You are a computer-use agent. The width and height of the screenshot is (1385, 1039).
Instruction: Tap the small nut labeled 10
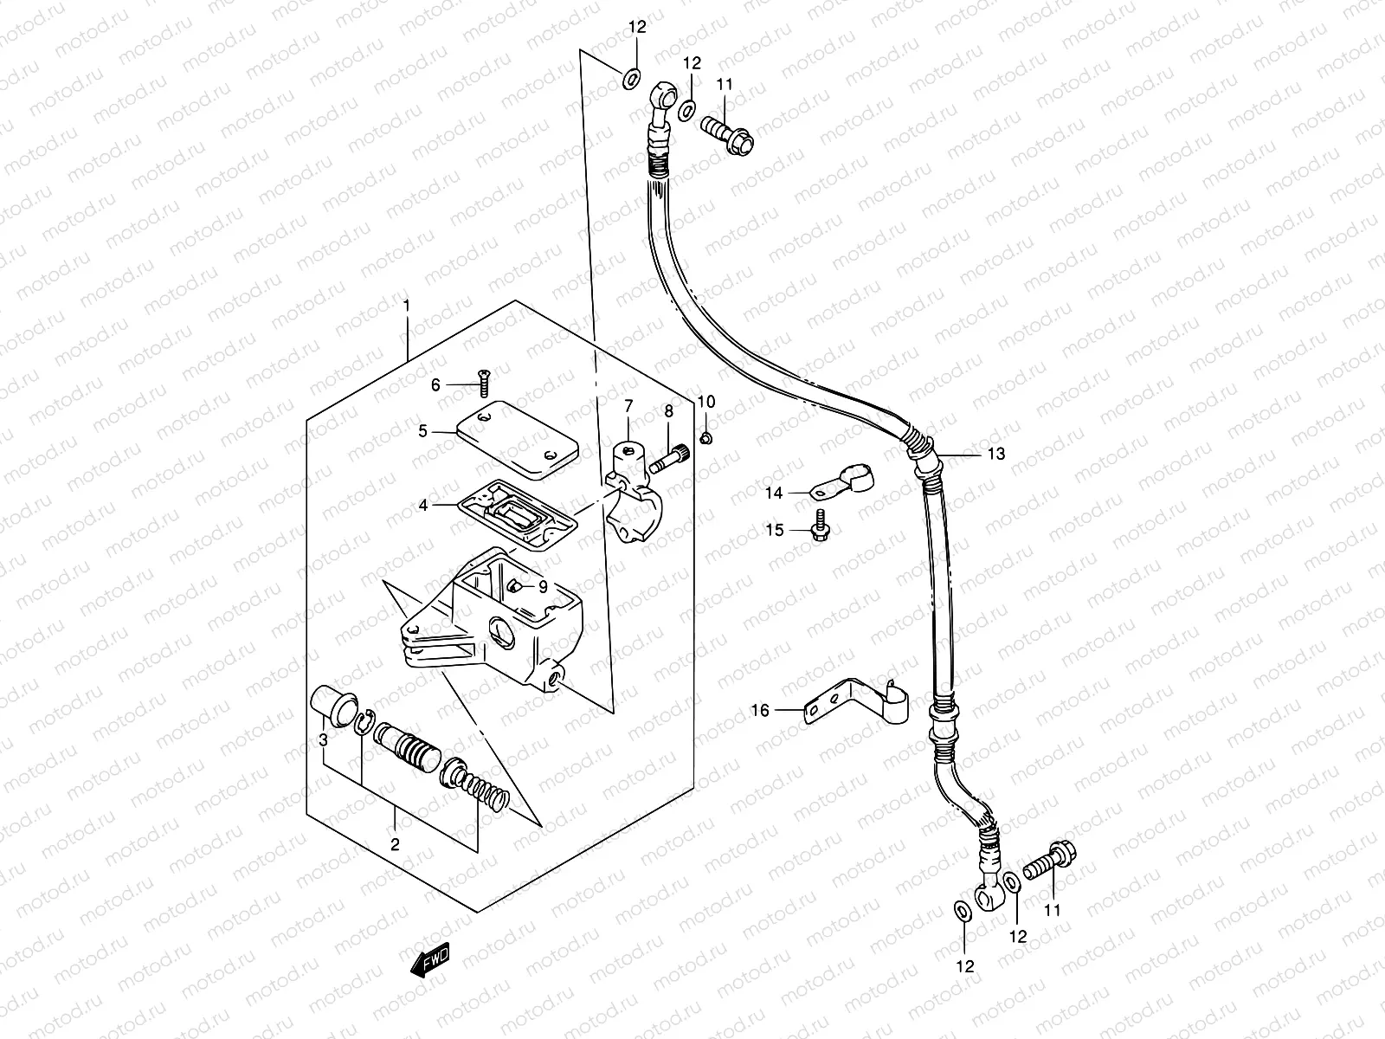click(x=705, y=439)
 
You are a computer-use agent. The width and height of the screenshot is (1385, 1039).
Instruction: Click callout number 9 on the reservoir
click(x=542, y=586)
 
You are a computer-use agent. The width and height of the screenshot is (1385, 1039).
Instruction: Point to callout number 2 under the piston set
click(x=395, y=844)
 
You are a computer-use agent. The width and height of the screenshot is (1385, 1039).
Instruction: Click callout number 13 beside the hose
click(x=996, y=454)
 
